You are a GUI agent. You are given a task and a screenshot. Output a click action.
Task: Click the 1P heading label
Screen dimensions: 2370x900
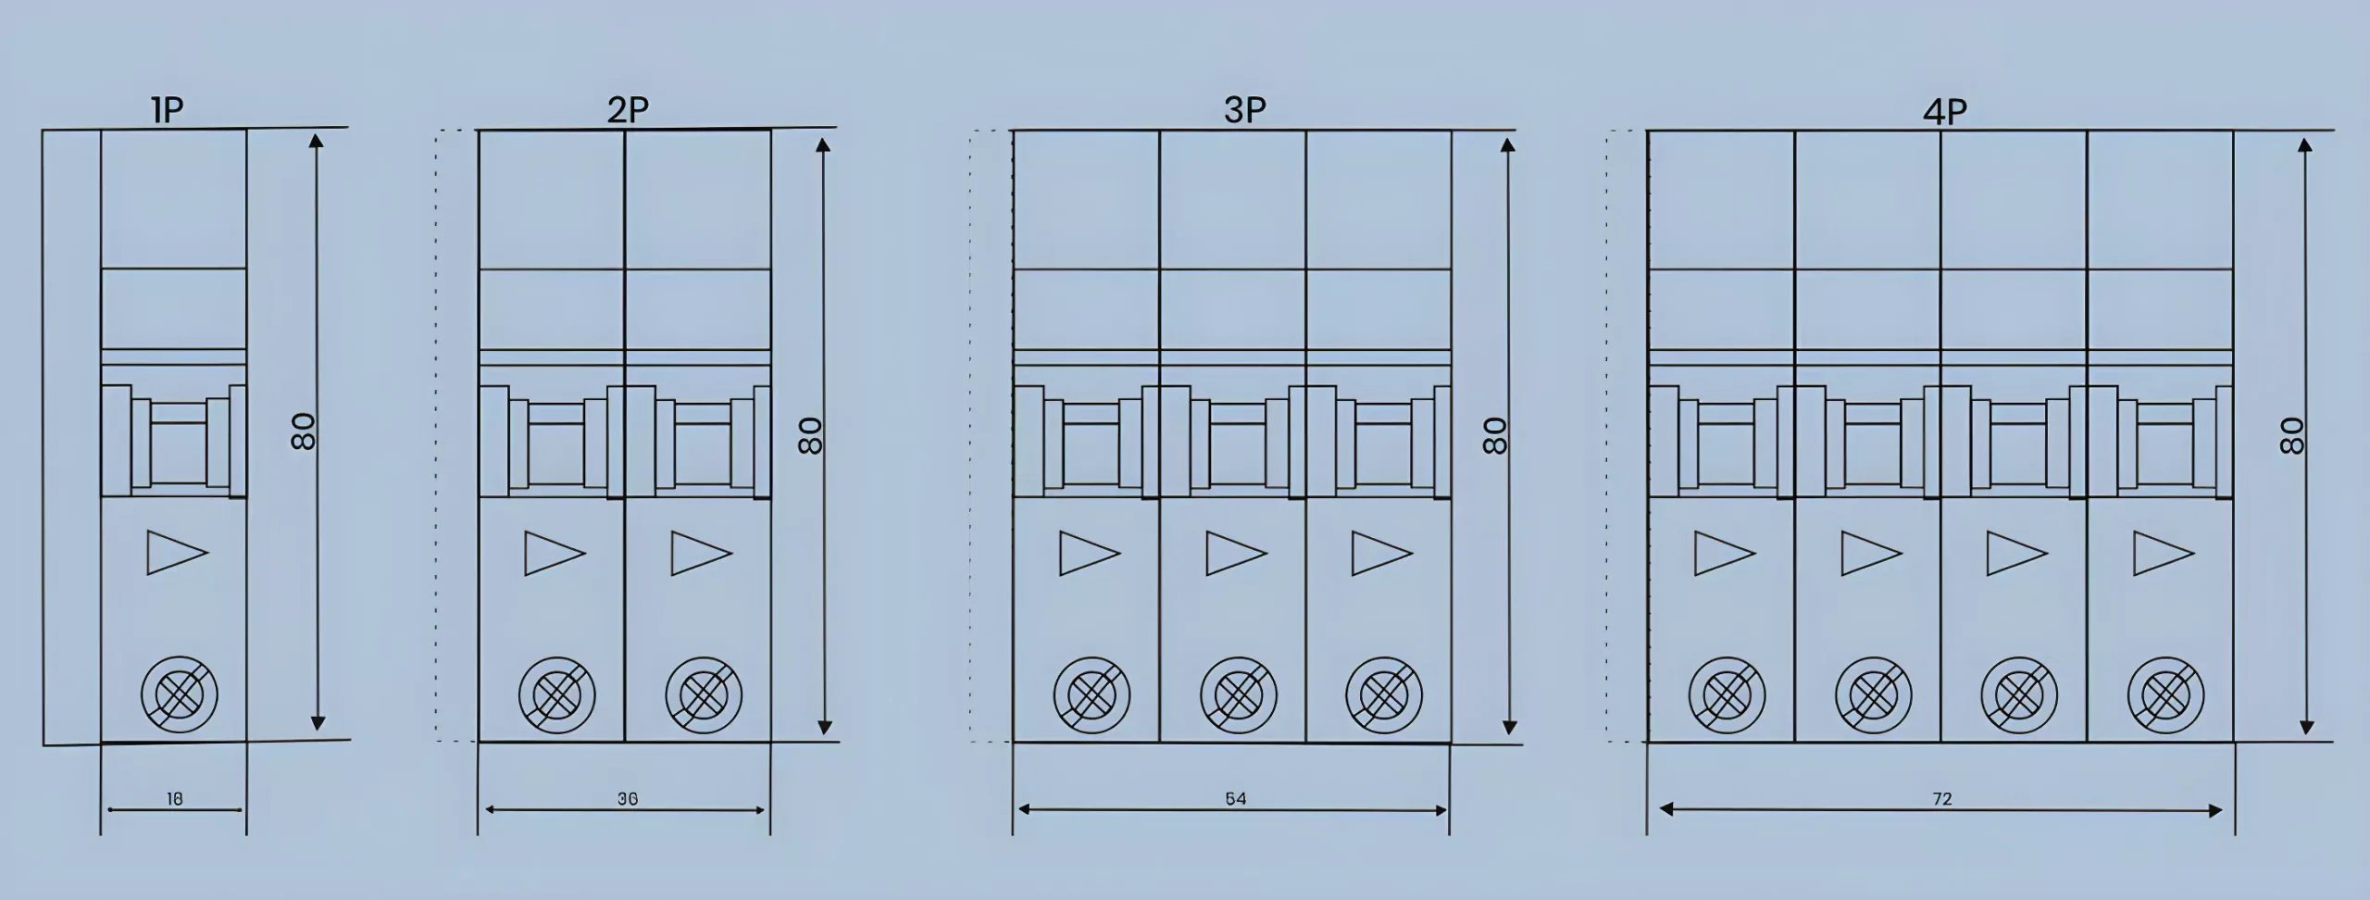click(x=168, y=111)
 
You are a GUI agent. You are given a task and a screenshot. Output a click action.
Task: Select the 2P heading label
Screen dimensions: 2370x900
click(x=628, y=111)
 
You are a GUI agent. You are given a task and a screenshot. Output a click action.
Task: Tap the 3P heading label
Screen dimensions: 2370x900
click(x=1244, y=111)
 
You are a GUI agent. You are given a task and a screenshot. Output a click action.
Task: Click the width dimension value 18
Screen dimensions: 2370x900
click(x=174, y=799)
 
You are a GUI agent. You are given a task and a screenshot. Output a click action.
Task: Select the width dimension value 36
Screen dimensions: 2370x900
click(x=628, y=799)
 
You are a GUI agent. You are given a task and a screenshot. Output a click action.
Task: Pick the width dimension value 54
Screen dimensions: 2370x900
click(x=1236, y=799)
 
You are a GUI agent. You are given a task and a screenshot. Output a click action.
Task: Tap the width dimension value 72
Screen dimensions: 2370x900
click(x=1942, y=799)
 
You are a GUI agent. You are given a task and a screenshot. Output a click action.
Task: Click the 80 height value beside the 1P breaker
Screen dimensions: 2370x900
click(x=304, y=431)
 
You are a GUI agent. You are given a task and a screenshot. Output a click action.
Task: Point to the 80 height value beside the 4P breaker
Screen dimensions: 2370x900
click(x=2291, y=435)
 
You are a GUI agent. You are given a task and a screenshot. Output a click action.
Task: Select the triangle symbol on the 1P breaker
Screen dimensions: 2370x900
click(x=177, y=553)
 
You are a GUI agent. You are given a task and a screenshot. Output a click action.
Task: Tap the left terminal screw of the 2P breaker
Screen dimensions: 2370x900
click(x=556, y=694)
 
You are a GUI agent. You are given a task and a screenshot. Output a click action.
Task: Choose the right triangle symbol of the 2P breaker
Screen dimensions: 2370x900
click(x=702, y=553)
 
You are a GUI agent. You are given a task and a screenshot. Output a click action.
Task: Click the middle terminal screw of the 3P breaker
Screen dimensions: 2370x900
click(x=1238, y=694)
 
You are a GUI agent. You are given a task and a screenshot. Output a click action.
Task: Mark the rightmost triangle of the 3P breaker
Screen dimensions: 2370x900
click(x=1382, y=553)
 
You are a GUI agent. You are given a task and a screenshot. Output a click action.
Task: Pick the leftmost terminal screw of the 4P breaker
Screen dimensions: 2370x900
click(x=1727, y=694)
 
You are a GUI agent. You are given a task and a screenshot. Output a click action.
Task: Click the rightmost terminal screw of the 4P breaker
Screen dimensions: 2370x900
click(x=2166, y=694)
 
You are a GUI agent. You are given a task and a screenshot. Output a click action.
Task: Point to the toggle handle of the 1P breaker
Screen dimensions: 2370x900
click(x=174, y=441)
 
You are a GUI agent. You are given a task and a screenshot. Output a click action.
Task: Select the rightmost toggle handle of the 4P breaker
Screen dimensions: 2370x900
click(x=2159, y=441)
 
